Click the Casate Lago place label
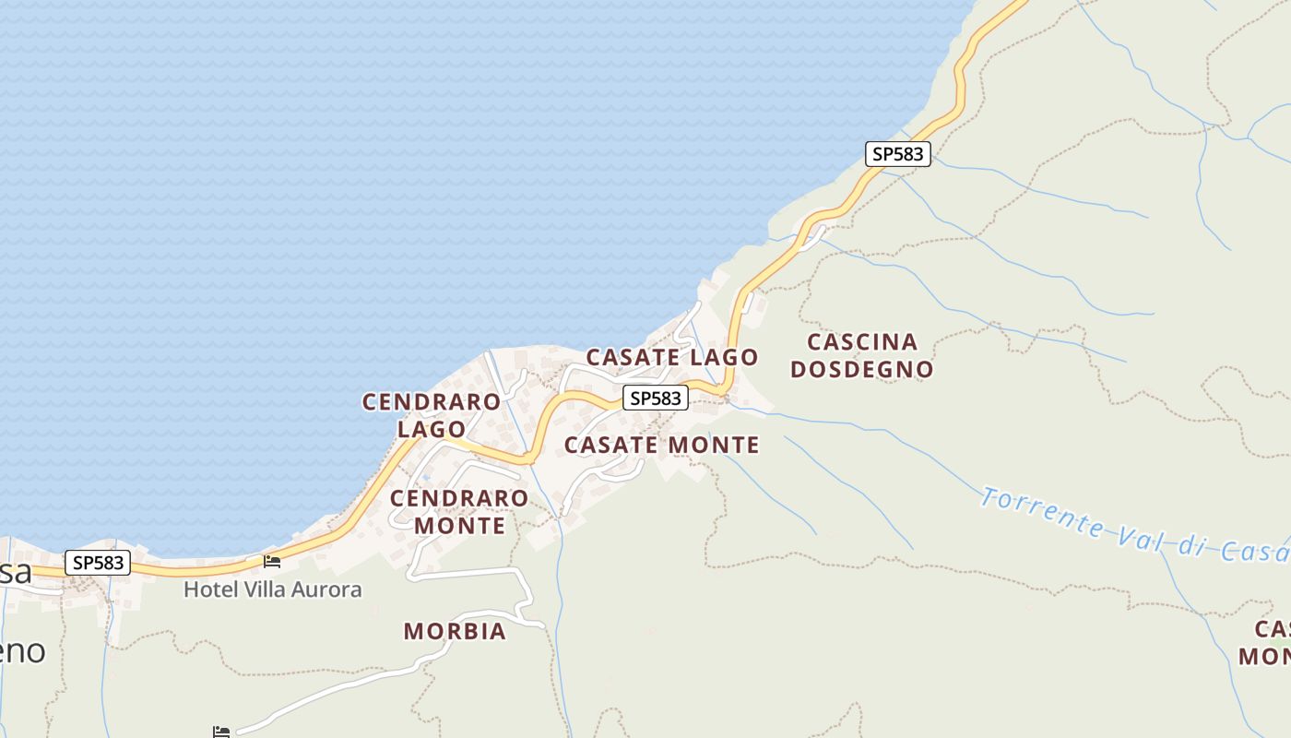pos(672,357)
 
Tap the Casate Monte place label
pos(661,445)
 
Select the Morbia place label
pos(455,631)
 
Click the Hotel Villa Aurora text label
pos(272,589)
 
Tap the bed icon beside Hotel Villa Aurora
pos(272,560)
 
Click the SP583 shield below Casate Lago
pos(656,398)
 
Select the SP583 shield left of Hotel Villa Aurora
pos(98,563)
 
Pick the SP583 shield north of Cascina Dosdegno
pos(898,154)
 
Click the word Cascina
pos(862,342)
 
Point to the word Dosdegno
pos(862,369)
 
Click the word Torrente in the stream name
pos(1042,513)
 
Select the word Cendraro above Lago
pos(432,402)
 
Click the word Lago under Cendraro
pos(432,429)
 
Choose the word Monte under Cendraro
pos(459,526)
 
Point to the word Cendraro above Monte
pos(459,499)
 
